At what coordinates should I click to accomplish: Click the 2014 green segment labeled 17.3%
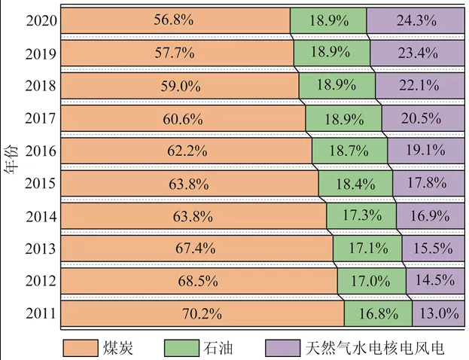coord(364,215)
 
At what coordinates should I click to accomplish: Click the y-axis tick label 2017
coord(39,118)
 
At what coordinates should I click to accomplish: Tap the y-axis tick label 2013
coord(39,249)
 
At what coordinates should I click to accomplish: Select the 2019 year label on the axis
coord(39,53)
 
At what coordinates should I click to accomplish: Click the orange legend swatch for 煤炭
coord(89,347)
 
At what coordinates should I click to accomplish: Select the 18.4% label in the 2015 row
coord(355,183)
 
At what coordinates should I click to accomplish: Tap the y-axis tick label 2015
coord(39,183)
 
